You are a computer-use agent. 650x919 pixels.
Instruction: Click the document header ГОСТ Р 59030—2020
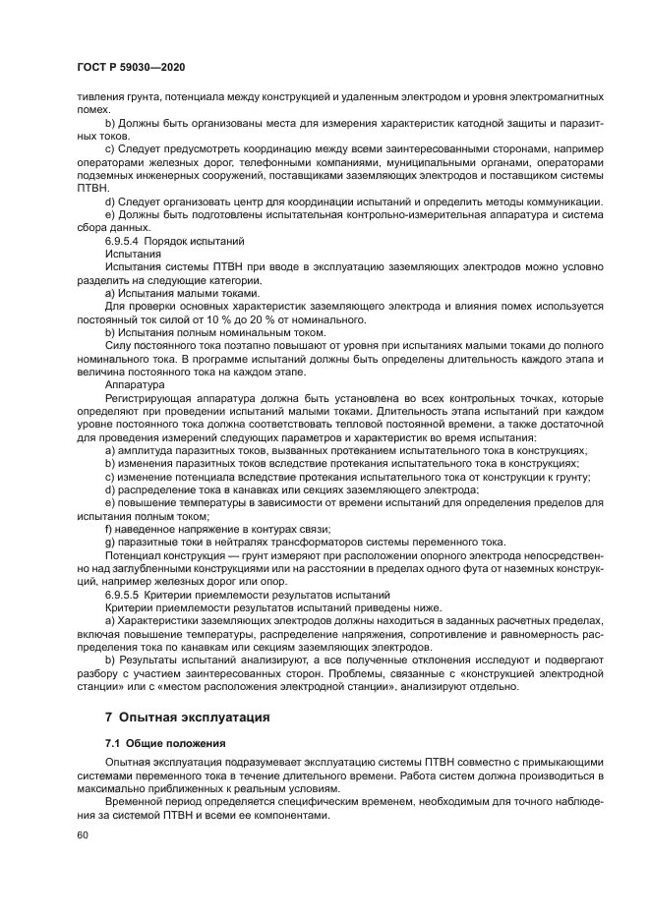[131, 66]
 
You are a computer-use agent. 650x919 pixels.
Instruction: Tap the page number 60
[83, 834]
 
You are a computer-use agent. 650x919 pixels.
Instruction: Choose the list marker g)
[109, 542]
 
